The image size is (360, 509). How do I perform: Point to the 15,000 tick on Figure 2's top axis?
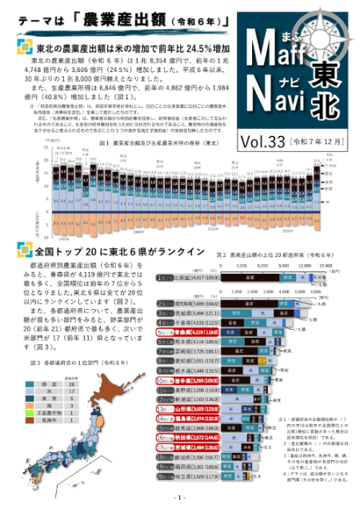(x=325, y=263)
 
